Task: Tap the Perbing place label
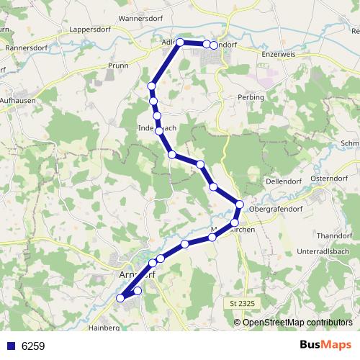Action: click(x=251, y=96)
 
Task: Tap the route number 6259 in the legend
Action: click(x=33, y=346)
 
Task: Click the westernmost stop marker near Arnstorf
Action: click(x=121, y=298)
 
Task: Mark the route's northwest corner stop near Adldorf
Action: click(x=180, y=42)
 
